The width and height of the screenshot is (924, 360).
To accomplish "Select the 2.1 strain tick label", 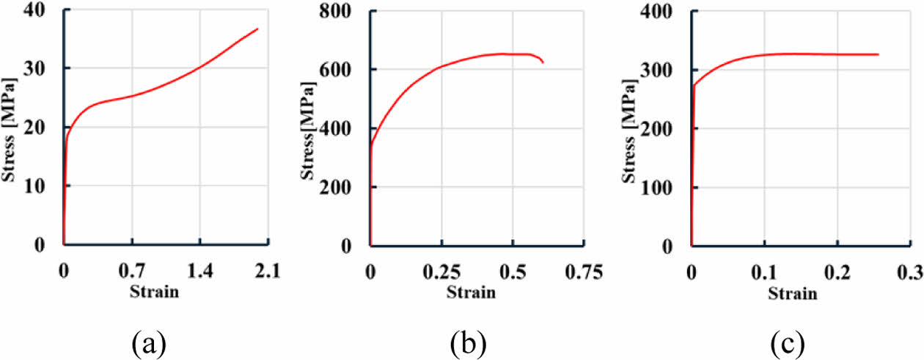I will click(x=267, y=271).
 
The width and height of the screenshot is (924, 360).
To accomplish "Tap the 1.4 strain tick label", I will click(x=199, y=271).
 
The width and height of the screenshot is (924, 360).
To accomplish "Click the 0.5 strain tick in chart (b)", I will click(x=512, y=271).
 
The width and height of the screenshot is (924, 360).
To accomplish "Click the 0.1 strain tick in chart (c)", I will click(x=763, y=271).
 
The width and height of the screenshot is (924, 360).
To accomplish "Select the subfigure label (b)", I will click(x=466, y=342).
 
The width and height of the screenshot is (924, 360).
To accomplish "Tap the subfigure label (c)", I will click(x=786, y=342).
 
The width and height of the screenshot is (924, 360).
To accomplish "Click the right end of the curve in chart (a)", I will click(x=257, y=29).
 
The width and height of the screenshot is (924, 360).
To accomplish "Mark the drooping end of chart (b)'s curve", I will click(x=543, y=63).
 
